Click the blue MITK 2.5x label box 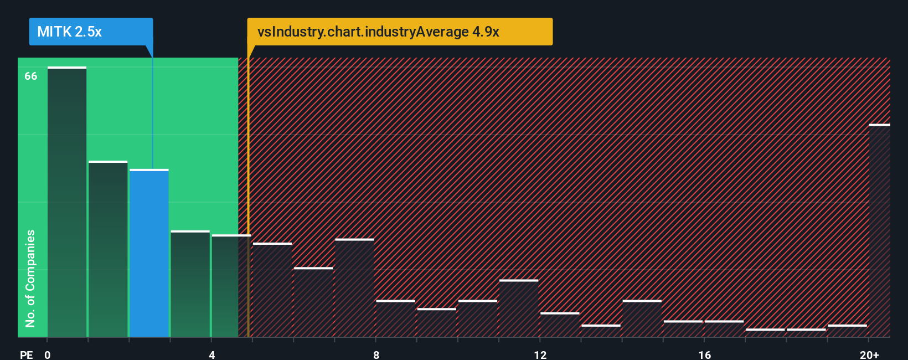(91, 32)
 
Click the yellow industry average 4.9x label (399, 32)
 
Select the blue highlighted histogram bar (149, 253)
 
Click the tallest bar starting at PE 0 (67, 202)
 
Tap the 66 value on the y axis (31, 76)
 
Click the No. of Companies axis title (30, 278)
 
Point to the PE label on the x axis (26, 354)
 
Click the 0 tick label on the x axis (48, 354)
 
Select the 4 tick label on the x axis (212, 354)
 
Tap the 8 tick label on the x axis (376, 354)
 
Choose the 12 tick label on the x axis (540, 354)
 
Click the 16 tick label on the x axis (704, 354)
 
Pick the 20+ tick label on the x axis (869, 354)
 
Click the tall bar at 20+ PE (879, 230)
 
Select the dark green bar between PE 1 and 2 (108, 249)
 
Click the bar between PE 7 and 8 (354, 288)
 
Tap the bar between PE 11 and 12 (519, 308)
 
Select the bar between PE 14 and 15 (642, 319)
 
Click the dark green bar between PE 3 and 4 (190, 284)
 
